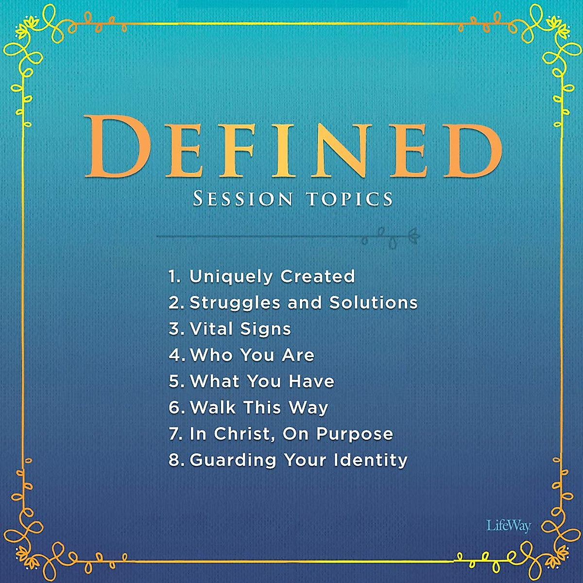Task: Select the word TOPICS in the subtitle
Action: click(349, 199)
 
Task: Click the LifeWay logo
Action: click(508, 526)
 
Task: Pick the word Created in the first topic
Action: click(318, 276)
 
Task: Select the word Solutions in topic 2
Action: click(374, 303)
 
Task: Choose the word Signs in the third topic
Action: click(265, 329)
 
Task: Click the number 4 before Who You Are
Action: click(174, 355)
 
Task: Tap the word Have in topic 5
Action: click(311, 381)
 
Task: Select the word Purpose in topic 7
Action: click(355, 434)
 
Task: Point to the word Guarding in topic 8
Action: click(233, 460)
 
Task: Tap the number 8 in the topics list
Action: click(174, 460)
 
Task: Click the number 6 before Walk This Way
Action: click(174, 408)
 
